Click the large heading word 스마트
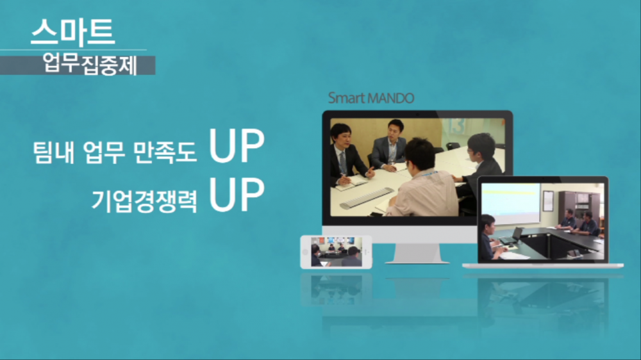[73, 31]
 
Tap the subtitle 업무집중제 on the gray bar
[90, 65]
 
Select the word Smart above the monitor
[346, 98]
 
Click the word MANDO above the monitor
[391, 98]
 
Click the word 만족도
[165, 152]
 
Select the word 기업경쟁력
[144, 200]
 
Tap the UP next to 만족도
[237, 145]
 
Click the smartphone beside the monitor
[336, 252]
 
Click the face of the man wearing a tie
[344, 140]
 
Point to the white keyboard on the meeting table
[366, 197]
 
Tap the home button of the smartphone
[305, 252]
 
